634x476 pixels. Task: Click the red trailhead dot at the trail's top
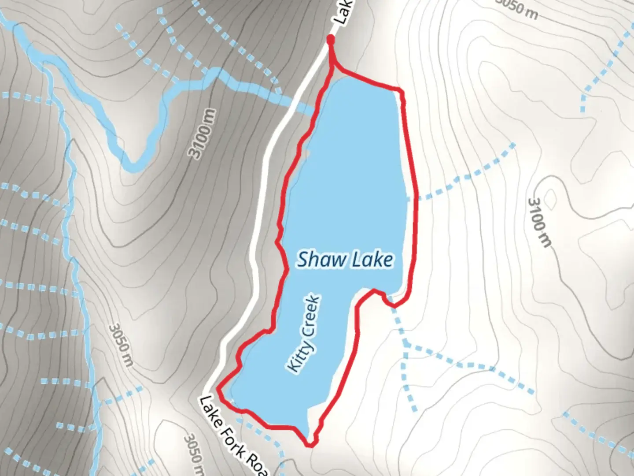pos(330,40)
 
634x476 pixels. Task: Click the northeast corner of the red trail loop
pos(401,91)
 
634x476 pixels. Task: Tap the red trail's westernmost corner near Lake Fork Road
pos(219,390)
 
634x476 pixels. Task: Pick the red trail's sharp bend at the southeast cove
pos(391,304)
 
